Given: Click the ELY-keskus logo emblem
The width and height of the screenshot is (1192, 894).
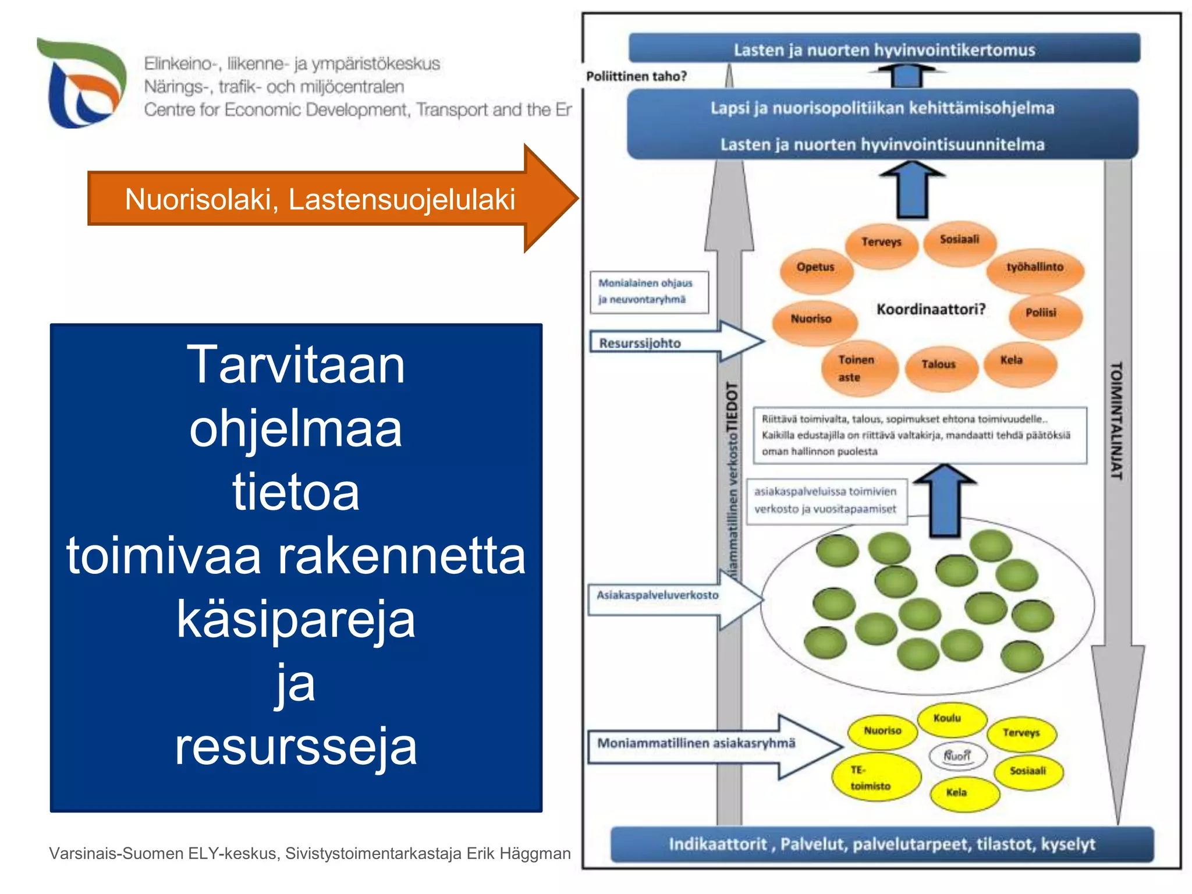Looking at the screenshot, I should pyautogui.click(x=81, y=83).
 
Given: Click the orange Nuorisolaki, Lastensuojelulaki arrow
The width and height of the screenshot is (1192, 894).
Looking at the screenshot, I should pyautogui.click(x=320, y=198).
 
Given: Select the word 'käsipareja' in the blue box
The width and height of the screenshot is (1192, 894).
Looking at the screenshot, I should pyautogui.click(x=296, y=619).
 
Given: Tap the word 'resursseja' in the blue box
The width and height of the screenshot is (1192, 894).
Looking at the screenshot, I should pyautogui.click(x=296, y=746).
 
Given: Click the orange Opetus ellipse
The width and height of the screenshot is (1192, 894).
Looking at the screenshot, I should pyautogui.click(x=816, y=268).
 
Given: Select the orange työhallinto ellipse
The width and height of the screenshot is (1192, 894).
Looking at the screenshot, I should pyautogui.click(x=1035, y=268).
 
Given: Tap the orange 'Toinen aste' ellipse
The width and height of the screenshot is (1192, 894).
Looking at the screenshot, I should pyautogui.click(x=858, y=368).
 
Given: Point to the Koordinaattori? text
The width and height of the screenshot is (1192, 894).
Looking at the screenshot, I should pyautogui.click(x=931, y=309).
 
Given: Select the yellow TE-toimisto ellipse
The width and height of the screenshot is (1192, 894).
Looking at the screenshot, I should pyautogui.click(x=877, y=778).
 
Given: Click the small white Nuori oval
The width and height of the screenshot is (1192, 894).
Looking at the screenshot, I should pyautogui.click(x=957, y=756).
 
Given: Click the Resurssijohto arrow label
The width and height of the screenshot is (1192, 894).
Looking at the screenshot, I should pyautogui.click(x=640, y=343).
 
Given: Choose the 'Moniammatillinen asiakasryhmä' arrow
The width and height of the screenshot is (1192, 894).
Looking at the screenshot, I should pyautogui.click(x=697, y=744).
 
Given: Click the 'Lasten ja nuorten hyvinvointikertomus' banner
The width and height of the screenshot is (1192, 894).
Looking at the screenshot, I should pyautogui.click(x=884, y=49).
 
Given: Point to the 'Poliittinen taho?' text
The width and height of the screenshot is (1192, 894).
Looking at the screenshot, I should pyautogui.click(x=636, y=76).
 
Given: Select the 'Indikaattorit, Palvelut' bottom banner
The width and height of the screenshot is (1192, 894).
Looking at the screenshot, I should pyautogui.click(x=881, y=845).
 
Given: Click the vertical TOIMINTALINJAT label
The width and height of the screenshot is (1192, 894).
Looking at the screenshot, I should pyautogui.click(x=1116, y=420).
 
